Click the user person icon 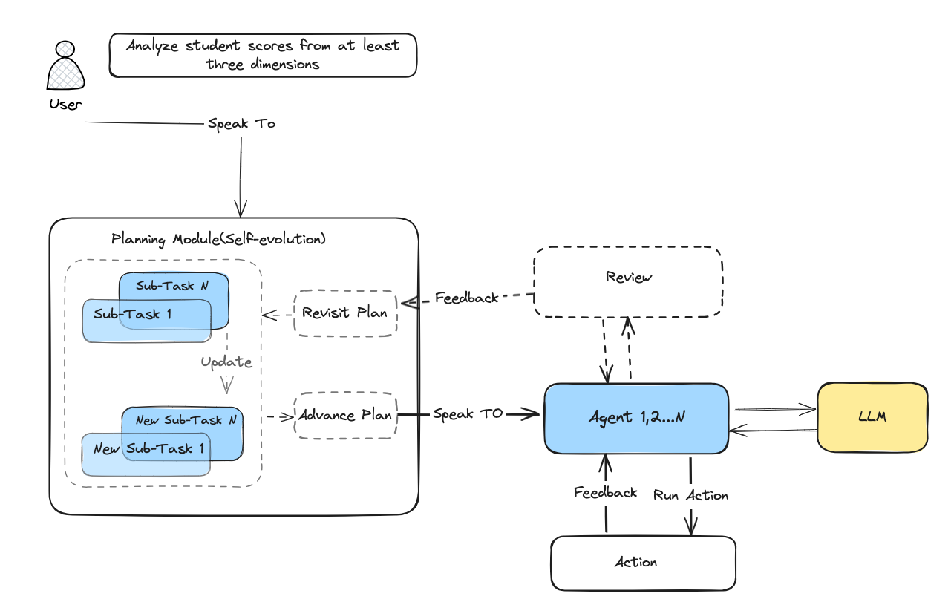tap(65, 66)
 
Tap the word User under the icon tap(65, 104)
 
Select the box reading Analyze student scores tap(262, 55)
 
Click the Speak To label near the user tap(241, 124)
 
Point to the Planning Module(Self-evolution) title tap(218, 239)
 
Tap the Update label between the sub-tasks tap(226, 363)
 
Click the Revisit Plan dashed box tap(344, 313)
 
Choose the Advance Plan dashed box tap(345, 415)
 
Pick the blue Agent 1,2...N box tap(636, 418)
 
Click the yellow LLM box tap(872, 417)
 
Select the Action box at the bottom tap(643, 563)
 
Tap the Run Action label tap(690, 495)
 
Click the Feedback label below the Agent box tap(605, 492)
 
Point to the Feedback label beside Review tap(466, 298)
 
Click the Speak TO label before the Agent tap(468, 413)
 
